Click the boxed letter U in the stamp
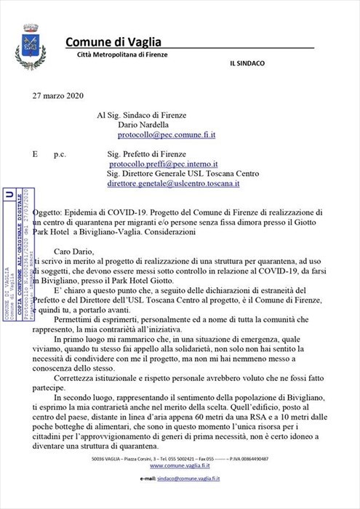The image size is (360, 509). tap(9, 195)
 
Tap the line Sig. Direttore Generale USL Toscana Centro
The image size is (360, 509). tap(193, 175)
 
